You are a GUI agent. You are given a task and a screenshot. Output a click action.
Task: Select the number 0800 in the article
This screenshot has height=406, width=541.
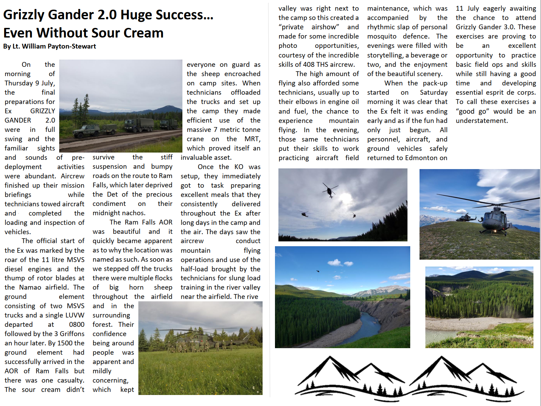pos(76,324)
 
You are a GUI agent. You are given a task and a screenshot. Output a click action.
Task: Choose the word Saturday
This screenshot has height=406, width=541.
pos(433,92)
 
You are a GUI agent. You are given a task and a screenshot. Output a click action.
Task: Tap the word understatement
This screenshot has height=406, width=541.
pos(481,121)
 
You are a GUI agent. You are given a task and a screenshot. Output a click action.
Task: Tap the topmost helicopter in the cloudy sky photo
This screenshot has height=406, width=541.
pos(330,190)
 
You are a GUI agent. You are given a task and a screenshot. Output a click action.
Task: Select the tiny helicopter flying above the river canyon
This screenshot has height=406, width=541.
pos(318,271)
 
